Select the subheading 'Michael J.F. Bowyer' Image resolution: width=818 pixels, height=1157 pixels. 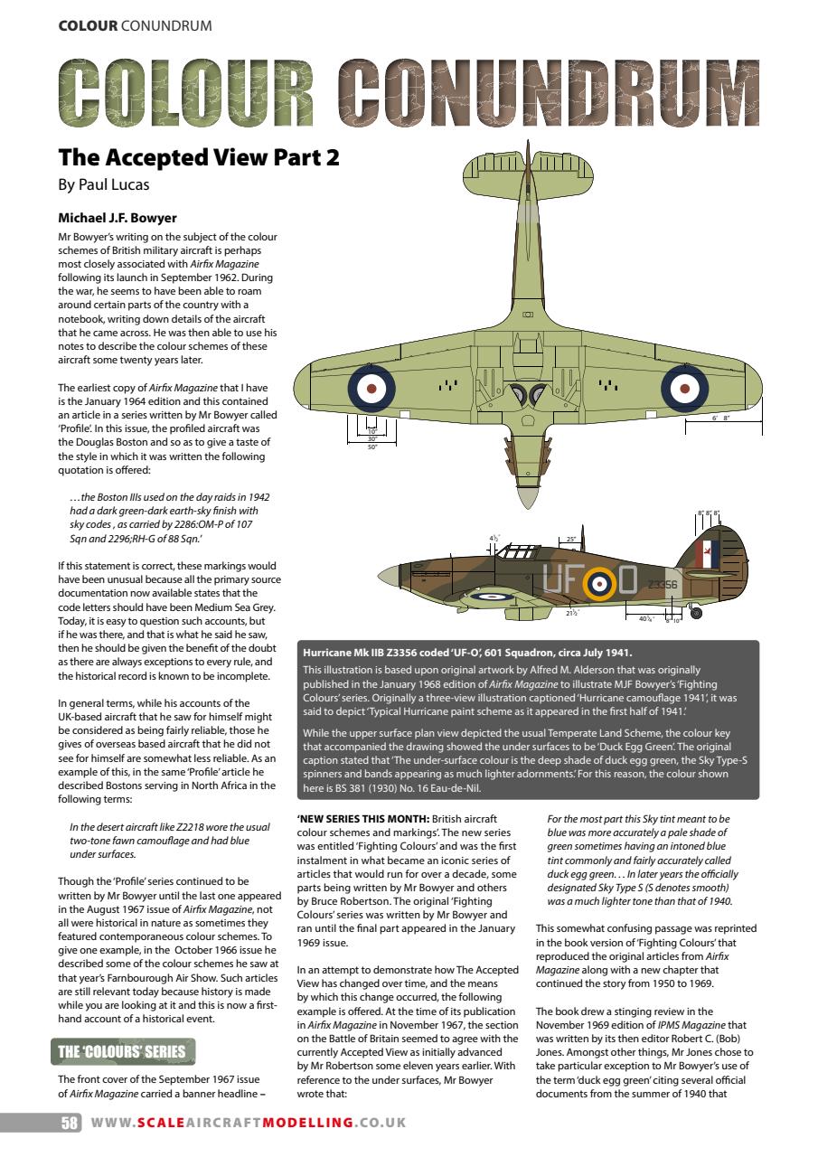pyautogui.click(x=118, y=219)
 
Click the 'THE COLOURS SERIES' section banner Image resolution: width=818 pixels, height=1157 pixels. pyautogui.click(x=122, y=1051)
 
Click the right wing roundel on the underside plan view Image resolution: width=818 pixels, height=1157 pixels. pyautogui.click(x=683, y=388)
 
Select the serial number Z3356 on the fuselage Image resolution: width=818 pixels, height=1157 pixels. pyautogui.click(x=663, y=585)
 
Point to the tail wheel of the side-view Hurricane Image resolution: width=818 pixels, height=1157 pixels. pyautogui.click(x=695, y=614)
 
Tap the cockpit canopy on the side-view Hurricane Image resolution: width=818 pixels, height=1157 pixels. pyautogui.click(x=519, y=550)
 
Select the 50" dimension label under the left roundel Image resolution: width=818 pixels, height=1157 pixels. pyautogui.click(x=371, y=447)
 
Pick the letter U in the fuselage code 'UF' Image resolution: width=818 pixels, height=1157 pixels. pyautogui.click(x=553, y=579)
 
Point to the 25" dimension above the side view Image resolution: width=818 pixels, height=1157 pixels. pyautogui.click(x=571, y=540)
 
